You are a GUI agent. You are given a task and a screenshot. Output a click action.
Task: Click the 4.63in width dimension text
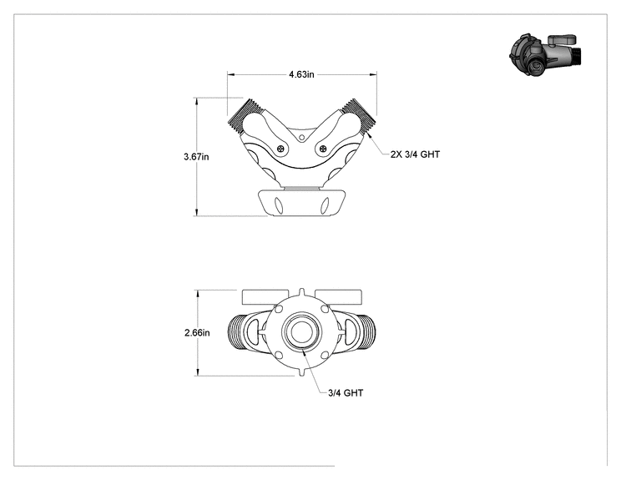pyautogui.click(x=301, y=74)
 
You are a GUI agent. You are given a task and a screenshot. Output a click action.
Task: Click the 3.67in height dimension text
pyautogui.click(x=196, y=157)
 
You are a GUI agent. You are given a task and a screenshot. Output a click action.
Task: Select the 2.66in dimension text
pyautogui.click(x=197, y=333)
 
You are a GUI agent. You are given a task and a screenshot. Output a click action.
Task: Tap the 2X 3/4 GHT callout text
pyautogui.click(x=415, y=154)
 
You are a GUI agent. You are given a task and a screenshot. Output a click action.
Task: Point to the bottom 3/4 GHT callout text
pyautogui.click(x=346, y=393)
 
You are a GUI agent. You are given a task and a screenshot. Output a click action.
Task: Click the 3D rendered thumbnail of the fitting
pyautogui.click(x=546, y=54)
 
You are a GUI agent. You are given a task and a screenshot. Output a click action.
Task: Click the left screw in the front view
pyautogui.click(x=281, y=149)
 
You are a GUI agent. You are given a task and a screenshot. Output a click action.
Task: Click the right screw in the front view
pyautogui.click(x=324, y=149)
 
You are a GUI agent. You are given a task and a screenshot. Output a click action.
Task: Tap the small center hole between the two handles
pyautogui.click(x=302, y=138)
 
